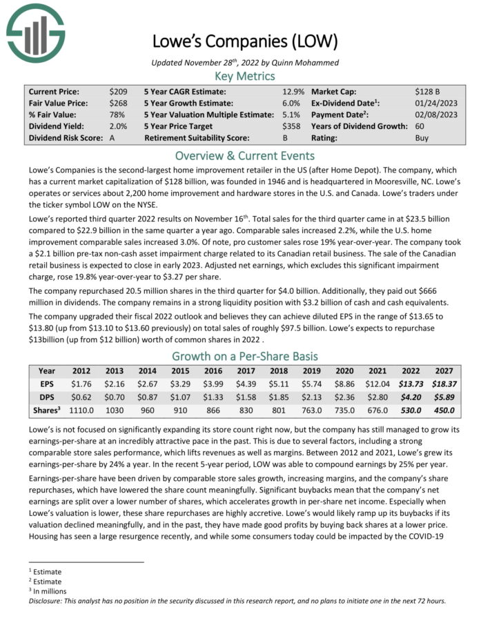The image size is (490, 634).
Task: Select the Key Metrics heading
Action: coord(244,76)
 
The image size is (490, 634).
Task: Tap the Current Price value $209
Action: coord(117,91)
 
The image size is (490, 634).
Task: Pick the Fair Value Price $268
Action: coord(117,103)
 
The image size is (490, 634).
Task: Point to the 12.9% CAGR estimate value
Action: coord(293,91)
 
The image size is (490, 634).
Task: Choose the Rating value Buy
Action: coord(422,138)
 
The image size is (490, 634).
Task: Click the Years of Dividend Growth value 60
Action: coord(420,126)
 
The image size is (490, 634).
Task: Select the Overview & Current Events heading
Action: coord(244,155)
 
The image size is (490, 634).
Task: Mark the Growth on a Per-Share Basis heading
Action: coord(244,357)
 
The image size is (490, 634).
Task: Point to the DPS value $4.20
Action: coord(407,397)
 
